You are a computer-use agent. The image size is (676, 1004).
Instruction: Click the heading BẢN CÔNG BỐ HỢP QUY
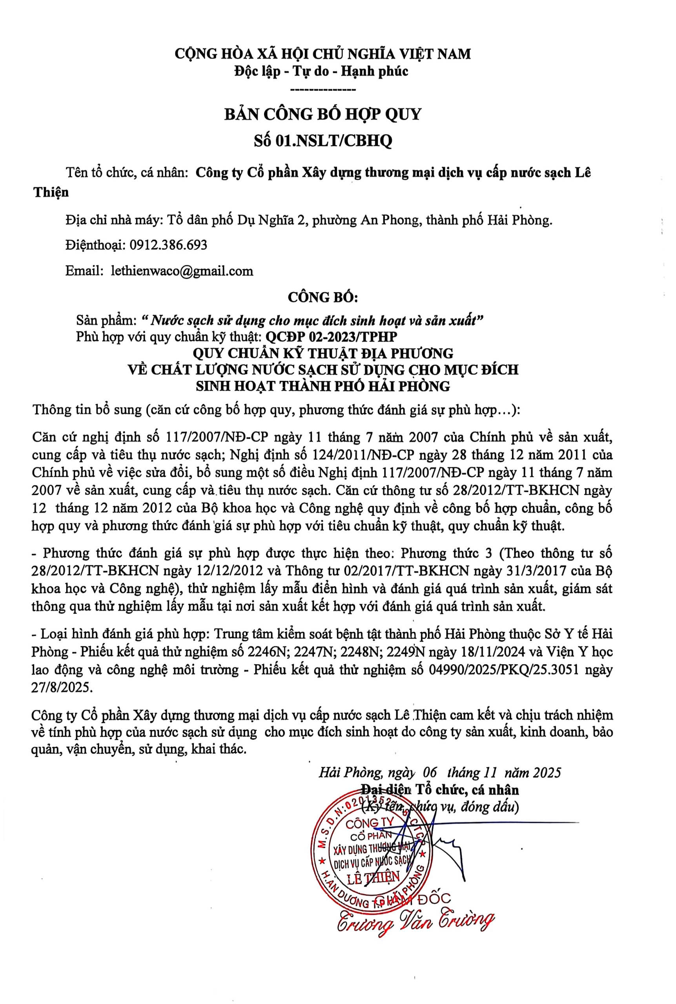322,114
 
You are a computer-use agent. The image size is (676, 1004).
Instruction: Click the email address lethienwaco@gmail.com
182,271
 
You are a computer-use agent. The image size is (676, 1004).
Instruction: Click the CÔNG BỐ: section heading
323,297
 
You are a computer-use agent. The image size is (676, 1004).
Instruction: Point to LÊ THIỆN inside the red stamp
374,876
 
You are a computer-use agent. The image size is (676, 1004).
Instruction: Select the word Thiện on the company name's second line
51,192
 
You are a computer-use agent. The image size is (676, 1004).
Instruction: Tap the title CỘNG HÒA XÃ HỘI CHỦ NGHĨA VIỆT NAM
323,54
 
